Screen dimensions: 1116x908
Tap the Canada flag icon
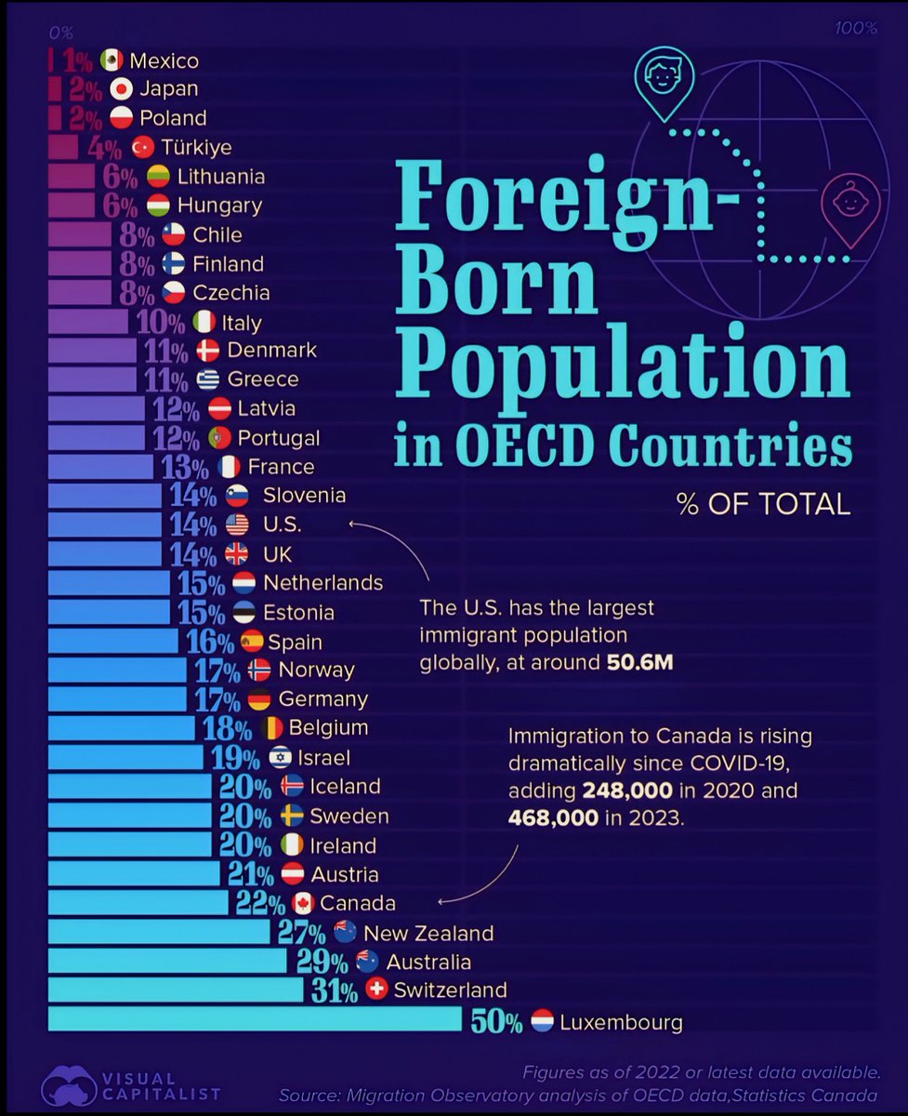(302, 903)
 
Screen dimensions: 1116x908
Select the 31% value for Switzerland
(335, 991)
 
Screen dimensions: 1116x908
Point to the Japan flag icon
(121, 89)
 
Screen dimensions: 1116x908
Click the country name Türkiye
(195, 147)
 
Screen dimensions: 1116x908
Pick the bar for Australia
(167, 961)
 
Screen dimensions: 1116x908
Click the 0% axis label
(60, 31)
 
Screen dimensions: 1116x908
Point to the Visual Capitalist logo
(69, 1084)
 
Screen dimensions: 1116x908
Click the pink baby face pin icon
(849, 202)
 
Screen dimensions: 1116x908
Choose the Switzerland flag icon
(376, 990)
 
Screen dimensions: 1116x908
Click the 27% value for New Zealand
(301, 933)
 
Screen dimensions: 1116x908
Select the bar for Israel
(125, 756)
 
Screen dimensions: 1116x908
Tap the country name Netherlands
(322, 583)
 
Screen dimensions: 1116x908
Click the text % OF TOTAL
(763, 505)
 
